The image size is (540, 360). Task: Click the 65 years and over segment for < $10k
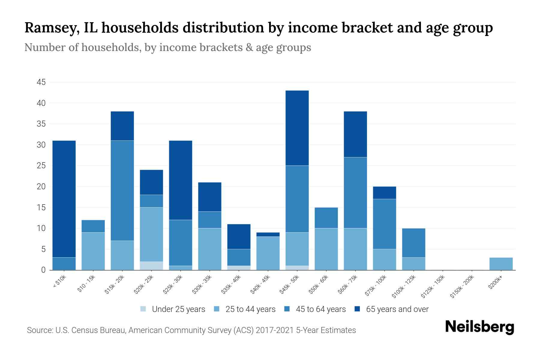tap(64, 199)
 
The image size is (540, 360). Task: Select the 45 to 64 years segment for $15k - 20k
tap(122, 190)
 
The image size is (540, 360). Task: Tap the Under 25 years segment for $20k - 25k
tap(151, 266)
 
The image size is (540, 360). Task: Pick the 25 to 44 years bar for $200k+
tap(501, 264)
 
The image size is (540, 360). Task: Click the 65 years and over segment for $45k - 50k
tap(297, 128)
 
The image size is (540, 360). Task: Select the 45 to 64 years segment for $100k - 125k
tap(413, 243)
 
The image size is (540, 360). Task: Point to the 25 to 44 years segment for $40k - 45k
tap(268, 253)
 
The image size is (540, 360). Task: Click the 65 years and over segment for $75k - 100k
tap(384, 193)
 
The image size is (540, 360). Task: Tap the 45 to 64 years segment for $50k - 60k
tap(326, 218)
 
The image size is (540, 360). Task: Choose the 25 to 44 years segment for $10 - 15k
tap(93, 251)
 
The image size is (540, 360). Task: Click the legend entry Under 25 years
tap(173, 309)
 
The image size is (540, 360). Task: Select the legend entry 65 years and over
tap(391, 309)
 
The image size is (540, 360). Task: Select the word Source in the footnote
tap(39, 330)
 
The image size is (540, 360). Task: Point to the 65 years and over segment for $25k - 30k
tap(180, 180)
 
